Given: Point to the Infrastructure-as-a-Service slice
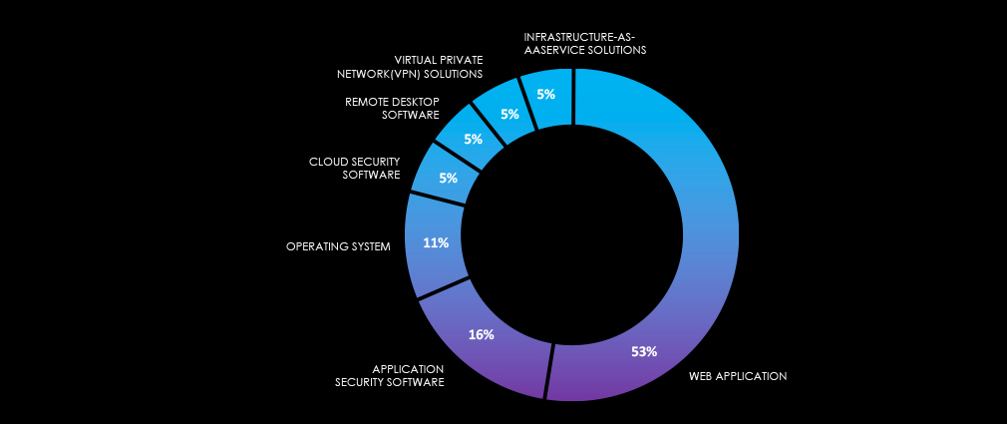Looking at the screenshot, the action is coord(546,97).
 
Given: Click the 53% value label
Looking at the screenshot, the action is coord(643,351).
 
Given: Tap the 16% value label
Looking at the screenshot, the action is coord(481,334).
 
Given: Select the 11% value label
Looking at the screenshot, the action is coord(436,242).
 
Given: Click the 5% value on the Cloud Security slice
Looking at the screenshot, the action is coord(449,178).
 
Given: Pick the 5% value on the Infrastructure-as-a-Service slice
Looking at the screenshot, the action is coord(546,95).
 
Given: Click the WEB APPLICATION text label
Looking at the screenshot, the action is coord(738,376).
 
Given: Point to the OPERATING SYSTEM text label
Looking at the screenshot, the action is coord(338,246).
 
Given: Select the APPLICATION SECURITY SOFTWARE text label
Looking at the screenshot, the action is coord(390,376).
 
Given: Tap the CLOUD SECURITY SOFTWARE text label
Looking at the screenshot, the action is coord(355,169).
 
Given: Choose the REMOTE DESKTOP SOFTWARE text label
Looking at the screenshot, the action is coord(393,109).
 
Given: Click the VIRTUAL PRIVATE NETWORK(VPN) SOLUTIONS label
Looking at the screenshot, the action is coord(410,67).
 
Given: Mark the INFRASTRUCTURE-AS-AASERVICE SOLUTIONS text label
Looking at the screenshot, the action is coord(585,42).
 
